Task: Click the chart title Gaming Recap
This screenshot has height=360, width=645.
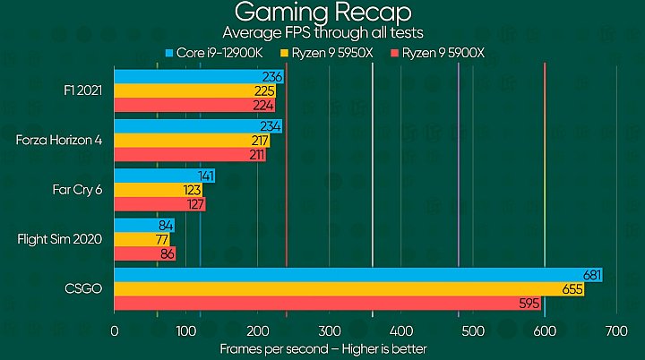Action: coord(322,13)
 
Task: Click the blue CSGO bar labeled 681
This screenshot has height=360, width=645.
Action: coord(357,275)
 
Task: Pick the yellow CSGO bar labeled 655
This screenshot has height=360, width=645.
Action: coord(348,289)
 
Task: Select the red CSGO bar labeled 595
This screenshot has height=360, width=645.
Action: coord(327,304)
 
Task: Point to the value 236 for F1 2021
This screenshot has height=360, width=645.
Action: coord(272,77)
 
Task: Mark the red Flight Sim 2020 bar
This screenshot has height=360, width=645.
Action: coord(145,254)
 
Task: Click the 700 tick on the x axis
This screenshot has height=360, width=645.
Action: coord(615,331)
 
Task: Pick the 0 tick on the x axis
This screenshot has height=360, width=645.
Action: coord(114,331)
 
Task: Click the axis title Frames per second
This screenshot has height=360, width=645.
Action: coord(322,348)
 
